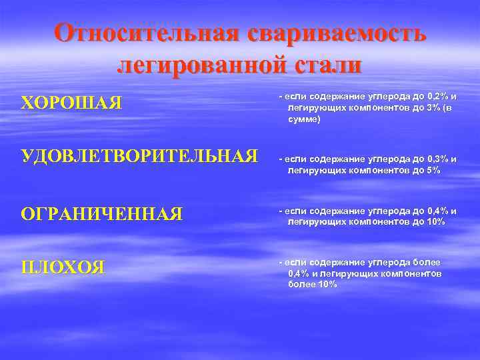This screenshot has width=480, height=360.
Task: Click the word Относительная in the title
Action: [144, 33]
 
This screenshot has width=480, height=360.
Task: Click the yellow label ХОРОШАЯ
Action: [71, 103]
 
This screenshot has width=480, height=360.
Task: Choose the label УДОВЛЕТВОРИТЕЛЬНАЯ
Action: [139, 157]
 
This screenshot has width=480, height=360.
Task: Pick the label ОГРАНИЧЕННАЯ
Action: [102, 213]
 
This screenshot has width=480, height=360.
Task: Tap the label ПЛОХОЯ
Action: [63, 268]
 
